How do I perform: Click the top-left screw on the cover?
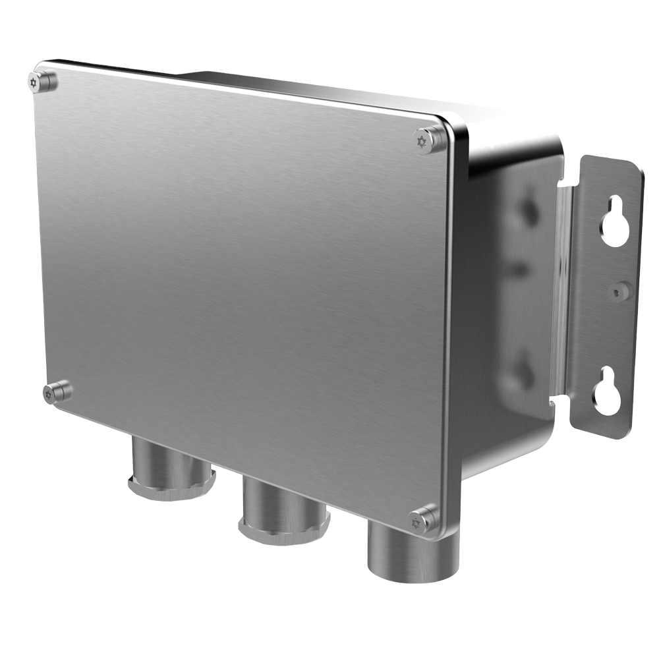[44, 82]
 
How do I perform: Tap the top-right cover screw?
[429, 139]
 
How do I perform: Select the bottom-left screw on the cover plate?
[57, 392]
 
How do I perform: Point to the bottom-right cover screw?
[422, 519]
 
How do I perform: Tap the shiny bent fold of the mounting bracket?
[564, 290]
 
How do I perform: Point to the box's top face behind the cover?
[316, 86]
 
